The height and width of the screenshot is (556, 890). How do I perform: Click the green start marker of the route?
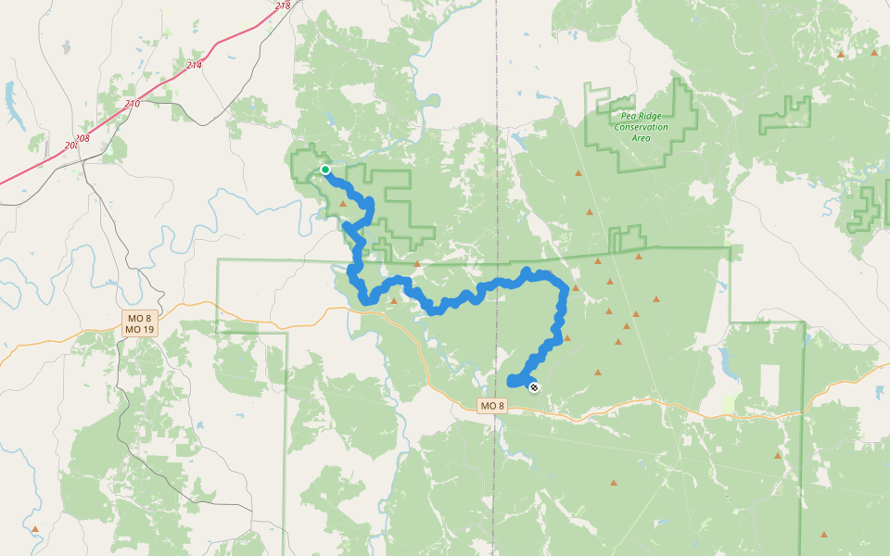(x=325, y=170)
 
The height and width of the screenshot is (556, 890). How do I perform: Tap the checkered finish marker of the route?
(x=533, y=387)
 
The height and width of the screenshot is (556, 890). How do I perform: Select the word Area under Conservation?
(x=641, y=138)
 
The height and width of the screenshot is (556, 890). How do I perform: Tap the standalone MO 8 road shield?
(x=493, y=406)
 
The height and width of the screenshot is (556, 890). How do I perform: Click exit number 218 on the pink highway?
(x=283, y=6)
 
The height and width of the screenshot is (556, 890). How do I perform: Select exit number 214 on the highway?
(x=194, y=66)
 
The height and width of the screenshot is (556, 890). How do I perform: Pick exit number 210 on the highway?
(x=132, y=104)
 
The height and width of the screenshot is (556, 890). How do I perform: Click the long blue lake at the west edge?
(x=10, y=96)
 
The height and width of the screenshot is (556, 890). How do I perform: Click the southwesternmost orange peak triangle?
(x=35, y=529)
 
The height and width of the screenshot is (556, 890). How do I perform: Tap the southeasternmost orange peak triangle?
(x=824, y=535)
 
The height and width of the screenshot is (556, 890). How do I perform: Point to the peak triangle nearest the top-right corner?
(x=874, y=53)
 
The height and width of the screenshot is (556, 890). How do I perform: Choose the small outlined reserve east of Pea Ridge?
(x=784, y=117)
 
